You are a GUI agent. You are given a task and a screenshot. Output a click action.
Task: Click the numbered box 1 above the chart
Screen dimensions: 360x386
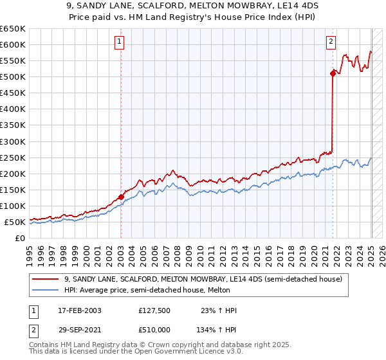tap(120, 42)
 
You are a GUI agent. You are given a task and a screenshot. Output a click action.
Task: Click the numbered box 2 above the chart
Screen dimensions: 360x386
tap(331, 42)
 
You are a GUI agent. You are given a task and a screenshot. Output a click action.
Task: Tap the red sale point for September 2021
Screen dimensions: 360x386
tap(333, 73)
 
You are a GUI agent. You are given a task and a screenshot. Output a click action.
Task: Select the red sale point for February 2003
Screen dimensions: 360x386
tap(121, 197)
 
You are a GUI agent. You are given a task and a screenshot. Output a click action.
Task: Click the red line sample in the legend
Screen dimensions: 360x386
tap(46, 279)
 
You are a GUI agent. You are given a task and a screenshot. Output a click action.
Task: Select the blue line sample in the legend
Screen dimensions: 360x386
tap(46, 290)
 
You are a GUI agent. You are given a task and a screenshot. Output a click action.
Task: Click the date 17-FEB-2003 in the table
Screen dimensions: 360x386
tap(80, 310)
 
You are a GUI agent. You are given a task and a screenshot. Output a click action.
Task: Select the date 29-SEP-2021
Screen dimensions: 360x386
tap(80, 328)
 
